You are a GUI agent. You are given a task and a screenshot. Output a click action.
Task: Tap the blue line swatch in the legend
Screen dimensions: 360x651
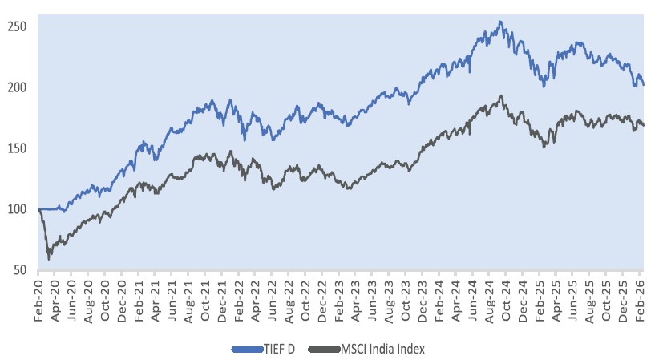(245, 349)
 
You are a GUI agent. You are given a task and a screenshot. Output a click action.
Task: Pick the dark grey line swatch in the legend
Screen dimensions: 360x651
(317, 349)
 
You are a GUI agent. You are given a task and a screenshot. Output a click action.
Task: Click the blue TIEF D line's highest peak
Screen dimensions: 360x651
(501, 22)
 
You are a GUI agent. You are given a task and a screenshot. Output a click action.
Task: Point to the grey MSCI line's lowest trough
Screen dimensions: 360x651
(49, 259)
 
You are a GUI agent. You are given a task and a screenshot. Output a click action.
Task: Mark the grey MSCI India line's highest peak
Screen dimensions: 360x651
(501, 96)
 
